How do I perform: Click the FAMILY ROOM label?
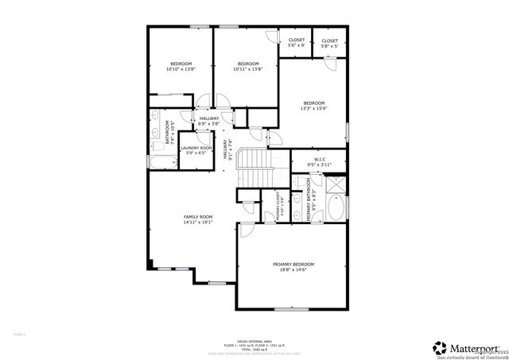point(198,217)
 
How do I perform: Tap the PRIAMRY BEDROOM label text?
point(293,264)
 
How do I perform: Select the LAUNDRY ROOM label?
point(196,148)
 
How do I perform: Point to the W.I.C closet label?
point(319,159)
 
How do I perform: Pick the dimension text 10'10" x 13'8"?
point(181,70)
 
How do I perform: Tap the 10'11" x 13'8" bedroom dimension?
point(248,70)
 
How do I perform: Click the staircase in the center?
point(257,168)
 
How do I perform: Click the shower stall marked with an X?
point(336,184)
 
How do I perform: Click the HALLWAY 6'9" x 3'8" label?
point(209,121)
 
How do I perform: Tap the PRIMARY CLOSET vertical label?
point(278,207)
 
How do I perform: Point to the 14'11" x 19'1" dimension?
point(198,223)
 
